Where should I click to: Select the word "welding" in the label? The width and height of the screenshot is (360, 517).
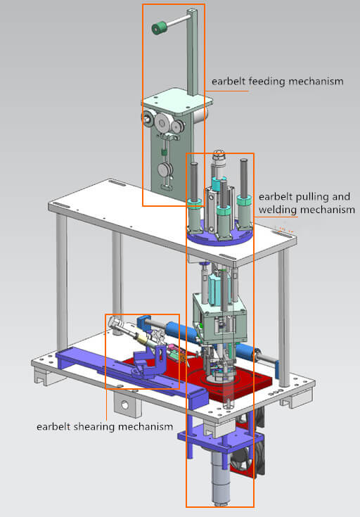coord(276,210)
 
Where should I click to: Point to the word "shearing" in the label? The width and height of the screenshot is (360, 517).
coord(100,427)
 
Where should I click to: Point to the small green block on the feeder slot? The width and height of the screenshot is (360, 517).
coord(165,150)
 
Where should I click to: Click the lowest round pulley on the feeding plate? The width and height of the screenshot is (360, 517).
coord(166,170)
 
